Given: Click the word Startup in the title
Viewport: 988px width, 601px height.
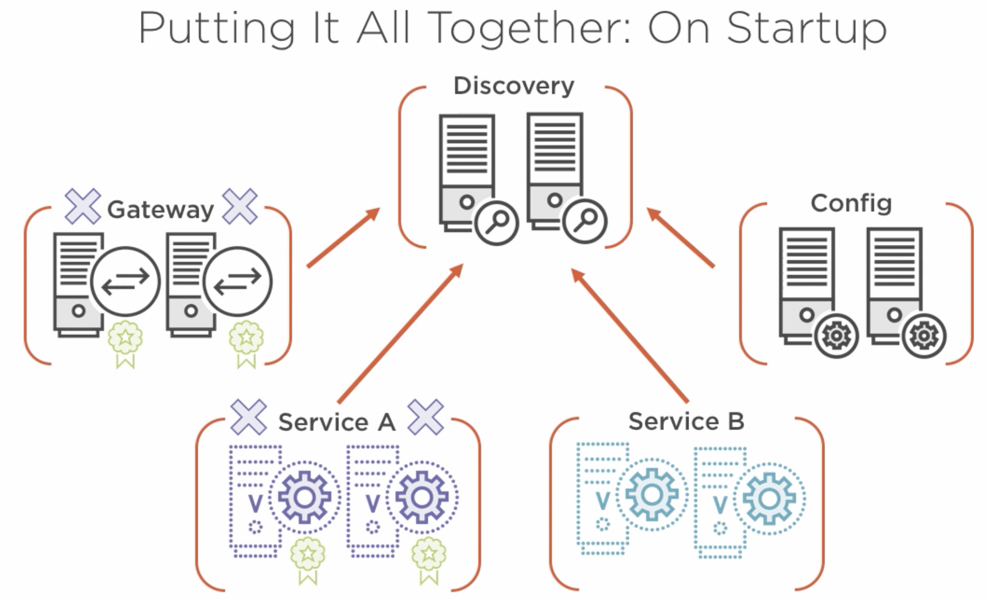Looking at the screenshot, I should click(807, 28).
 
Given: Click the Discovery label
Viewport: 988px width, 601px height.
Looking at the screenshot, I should click(514, 86).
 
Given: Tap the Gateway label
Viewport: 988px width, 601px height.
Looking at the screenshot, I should click(160, 209).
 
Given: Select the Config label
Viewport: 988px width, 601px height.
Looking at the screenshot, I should click(851, 203).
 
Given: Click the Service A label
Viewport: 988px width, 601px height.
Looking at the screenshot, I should click(336, 422).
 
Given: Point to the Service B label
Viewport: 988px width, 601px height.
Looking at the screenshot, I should click(686, 421).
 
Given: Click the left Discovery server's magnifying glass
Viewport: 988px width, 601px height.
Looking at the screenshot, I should click(496, 222).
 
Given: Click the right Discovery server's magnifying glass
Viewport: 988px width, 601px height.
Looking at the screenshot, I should click(584, 221).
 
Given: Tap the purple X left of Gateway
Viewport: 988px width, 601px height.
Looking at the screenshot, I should click(83, 207).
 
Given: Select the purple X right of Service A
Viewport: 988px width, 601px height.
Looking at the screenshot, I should click(425, 417).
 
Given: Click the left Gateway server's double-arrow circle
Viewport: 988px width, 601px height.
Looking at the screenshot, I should click(125, 281).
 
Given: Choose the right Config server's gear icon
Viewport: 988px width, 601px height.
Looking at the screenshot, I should click(923, 336).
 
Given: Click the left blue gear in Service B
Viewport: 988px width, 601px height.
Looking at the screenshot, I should click(652, 494).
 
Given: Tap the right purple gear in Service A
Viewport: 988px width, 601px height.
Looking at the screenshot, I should click(422, 498).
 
